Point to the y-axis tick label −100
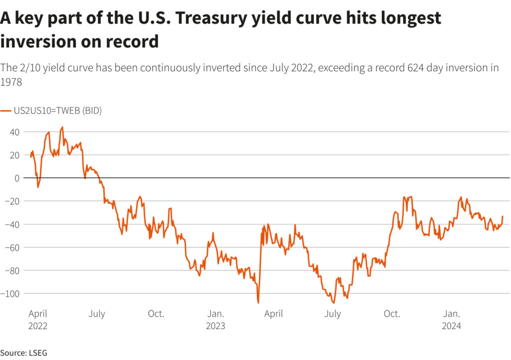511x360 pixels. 11,294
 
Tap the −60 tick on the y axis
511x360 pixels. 13,247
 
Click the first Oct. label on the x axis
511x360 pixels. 156,314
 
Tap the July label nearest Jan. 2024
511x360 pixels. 332,314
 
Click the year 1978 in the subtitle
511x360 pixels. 11,82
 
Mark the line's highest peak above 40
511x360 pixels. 62,127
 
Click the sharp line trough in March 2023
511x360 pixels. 258,303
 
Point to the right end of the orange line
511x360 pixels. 503,216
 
